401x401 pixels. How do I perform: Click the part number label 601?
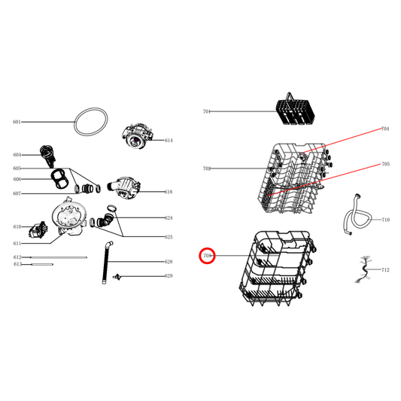[17, 122]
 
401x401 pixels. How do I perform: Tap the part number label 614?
[169, 141]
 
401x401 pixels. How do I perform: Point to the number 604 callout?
[17, 155]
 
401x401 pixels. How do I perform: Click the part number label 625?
[169, 238]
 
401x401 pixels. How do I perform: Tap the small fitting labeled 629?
[117, 277]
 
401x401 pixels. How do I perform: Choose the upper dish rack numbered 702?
[297, 177]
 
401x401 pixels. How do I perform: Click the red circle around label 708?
[208, 256]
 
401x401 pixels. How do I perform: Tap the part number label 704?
[385, 129]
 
